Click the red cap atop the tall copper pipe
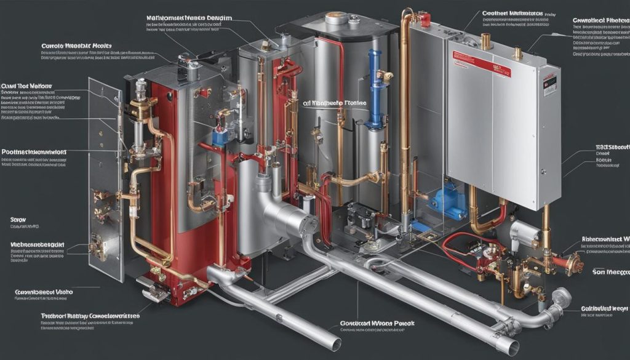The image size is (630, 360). click(x=424, y=19)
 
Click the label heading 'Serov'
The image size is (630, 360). click(x=18, y=218)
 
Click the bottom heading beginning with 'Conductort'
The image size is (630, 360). click(x=377, y=322)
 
